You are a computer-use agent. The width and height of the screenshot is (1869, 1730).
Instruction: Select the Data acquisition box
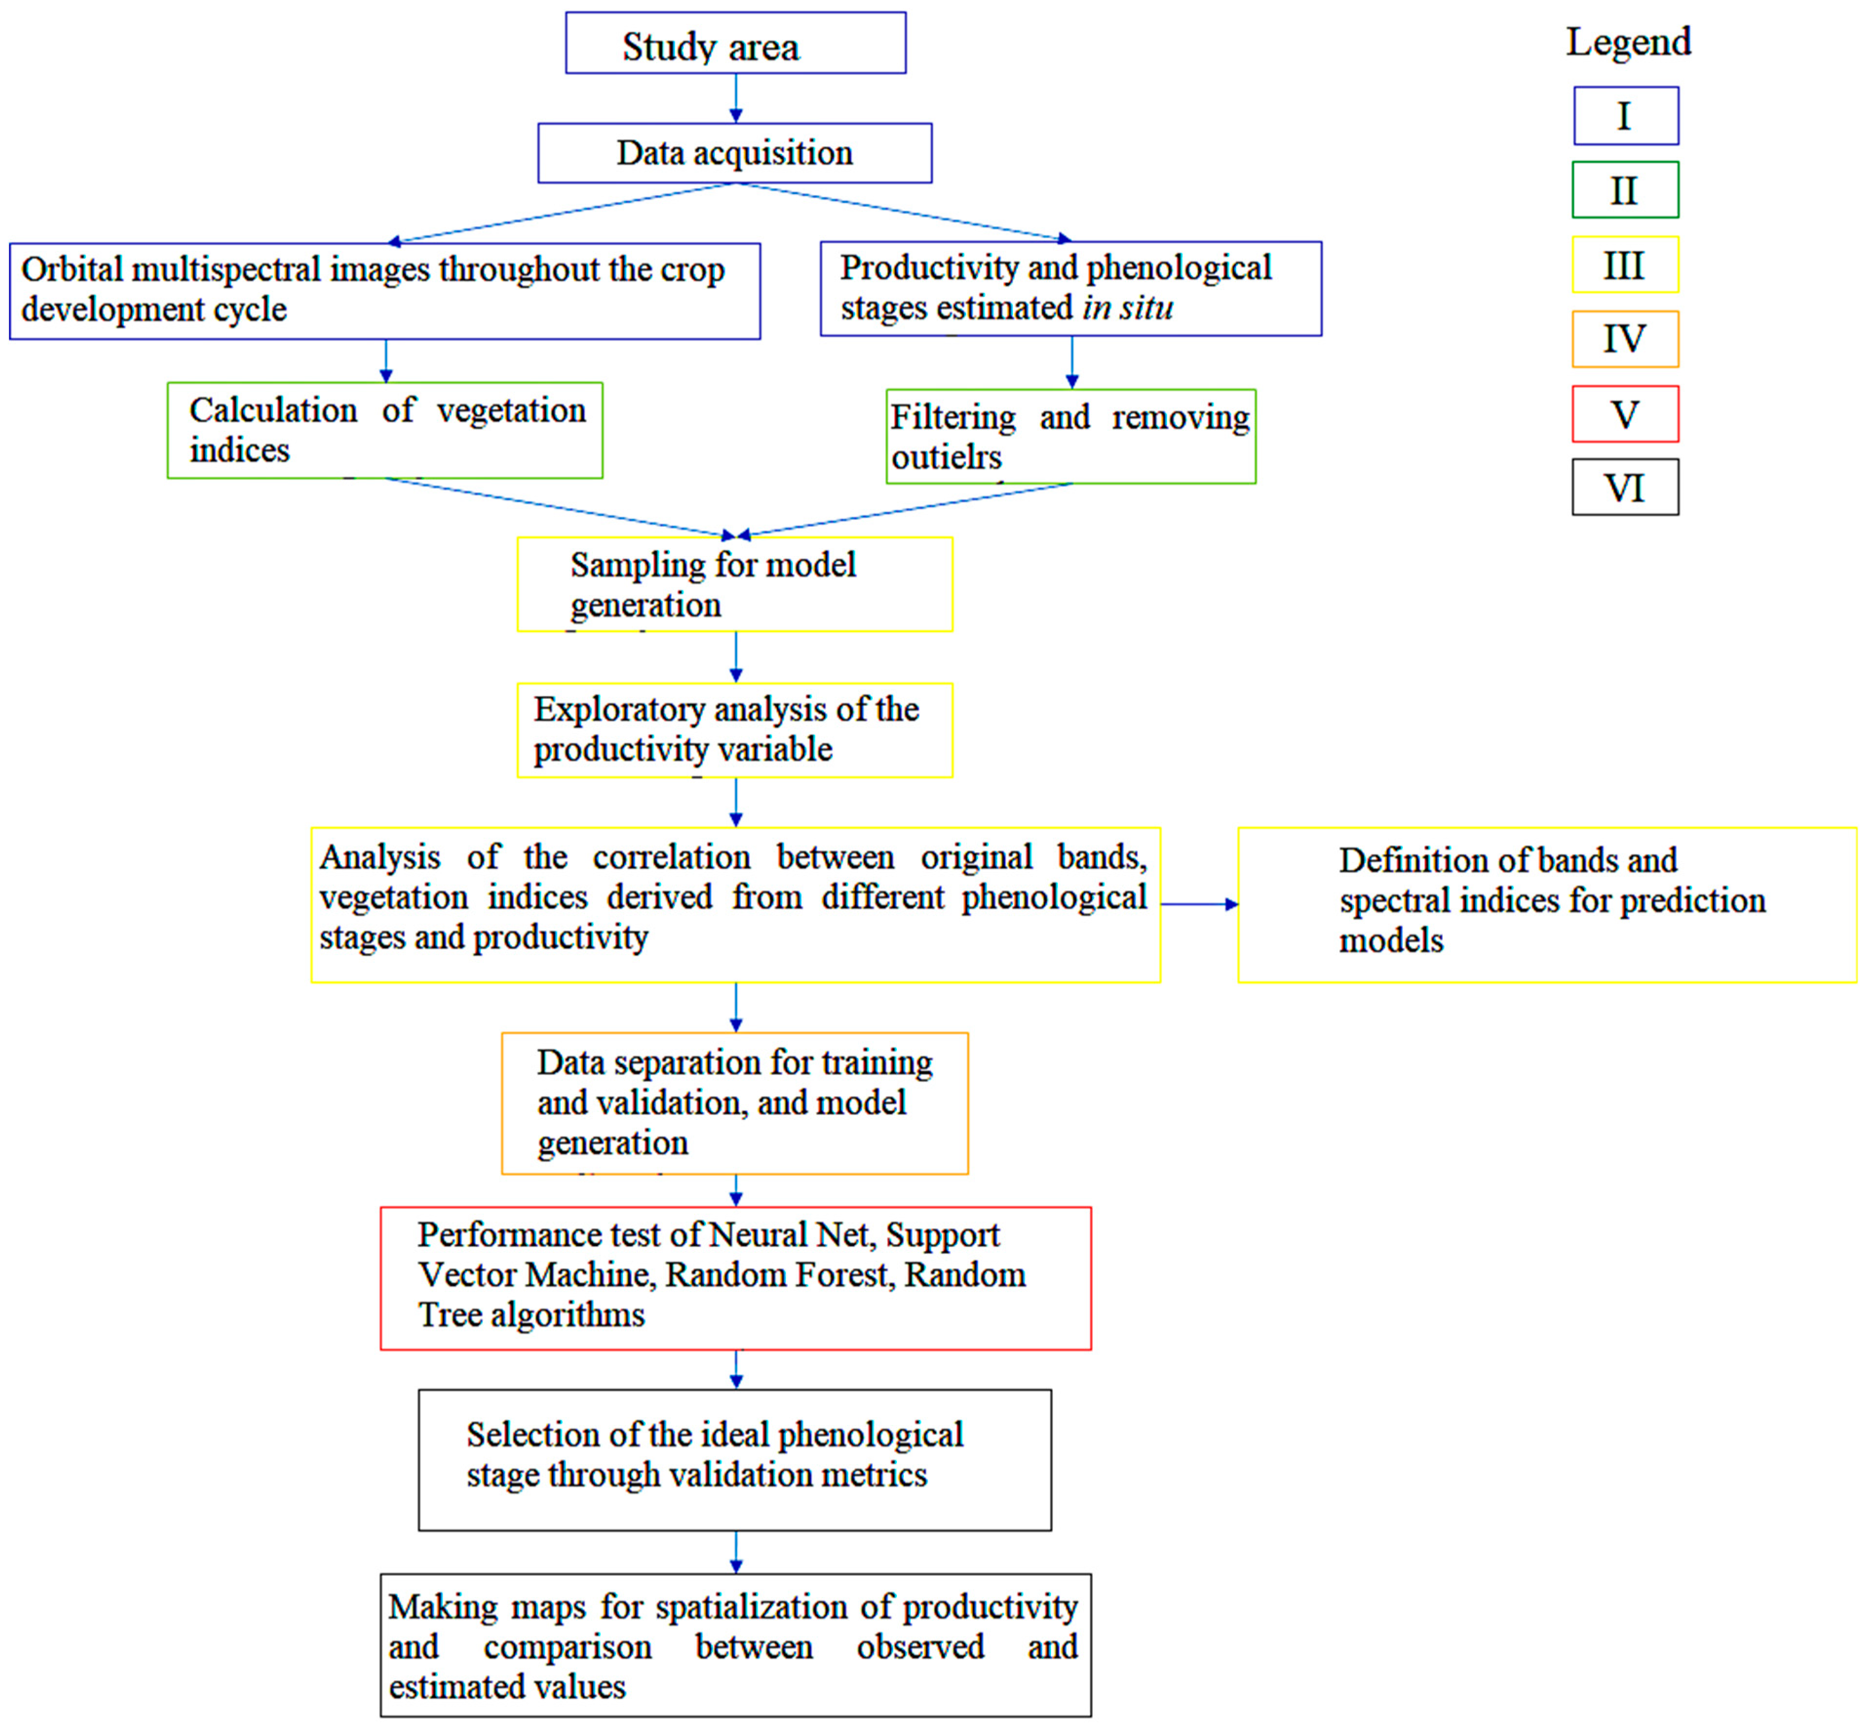[735, 153]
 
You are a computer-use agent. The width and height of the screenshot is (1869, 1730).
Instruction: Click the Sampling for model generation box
[735, 584]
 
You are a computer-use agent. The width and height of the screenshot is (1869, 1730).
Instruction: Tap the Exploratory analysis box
[735, 730]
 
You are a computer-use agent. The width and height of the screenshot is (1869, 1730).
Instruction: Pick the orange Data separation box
[735, 1103]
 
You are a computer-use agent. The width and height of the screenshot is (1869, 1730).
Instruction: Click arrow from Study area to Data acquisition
[736, 98]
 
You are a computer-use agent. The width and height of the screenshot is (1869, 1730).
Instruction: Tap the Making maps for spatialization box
[735, 1646]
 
